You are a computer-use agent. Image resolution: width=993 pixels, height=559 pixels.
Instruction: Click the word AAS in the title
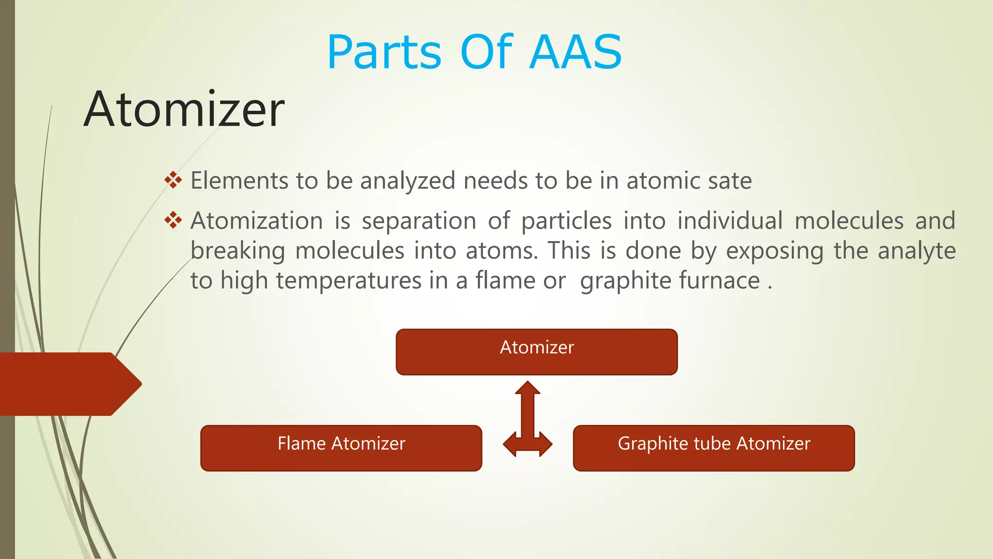pyautogui.click(x=576, y=52)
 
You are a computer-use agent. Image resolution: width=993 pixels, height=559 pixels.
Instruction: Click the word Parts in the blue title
pyautogui.click(x=384, y=52)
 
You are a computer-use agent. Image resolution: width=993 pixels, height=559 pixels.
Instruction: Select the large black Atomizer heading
pyautogui.click(x=184, y=110)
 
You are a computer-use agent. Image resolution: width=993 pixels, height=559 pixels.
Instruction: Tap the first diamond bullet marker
pyautogui.click(x=173, y=181)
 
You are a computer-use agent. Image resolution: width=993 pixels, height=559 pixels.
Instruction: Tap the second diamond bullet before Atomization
pyautogui.click(x=173, y=221)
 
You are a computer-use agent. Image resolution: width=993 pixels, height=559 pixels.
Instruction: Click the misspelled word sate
pyautogui.click(x=730, y=181)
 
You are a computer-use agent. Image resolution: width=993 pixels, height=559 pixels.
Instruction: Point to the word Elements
pyautogui.click(x=240, y=181)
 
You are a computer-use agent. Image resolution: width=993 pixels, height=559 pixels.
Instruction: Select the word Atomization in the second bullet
pyautogui.click(x=256, y=221)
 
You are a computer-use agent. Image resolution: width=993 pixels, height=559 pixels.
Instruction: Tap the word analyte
pyautogui.click(x=916, y=251)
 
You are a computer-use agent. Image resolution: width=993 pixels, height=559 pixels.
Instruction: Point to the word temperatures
pyautogui.click(x=349, y=281)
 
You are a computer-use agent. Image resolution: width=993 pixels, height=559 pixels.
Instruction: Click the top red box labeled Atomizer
pyautogui.click(x=536, y=352)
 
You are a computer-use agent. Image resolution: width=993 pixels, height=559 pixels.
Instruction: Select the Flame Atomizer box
pyautogui.click(x=341, y=448)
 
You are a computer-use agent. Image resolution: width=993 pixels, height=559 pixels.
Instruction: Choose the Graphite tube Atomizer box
pyautogui.click(x=713, y=448)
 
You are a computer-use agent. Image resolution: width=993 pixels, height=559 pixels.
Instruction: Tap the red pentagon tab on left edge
pyautogui.click(x=68, y=384)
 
